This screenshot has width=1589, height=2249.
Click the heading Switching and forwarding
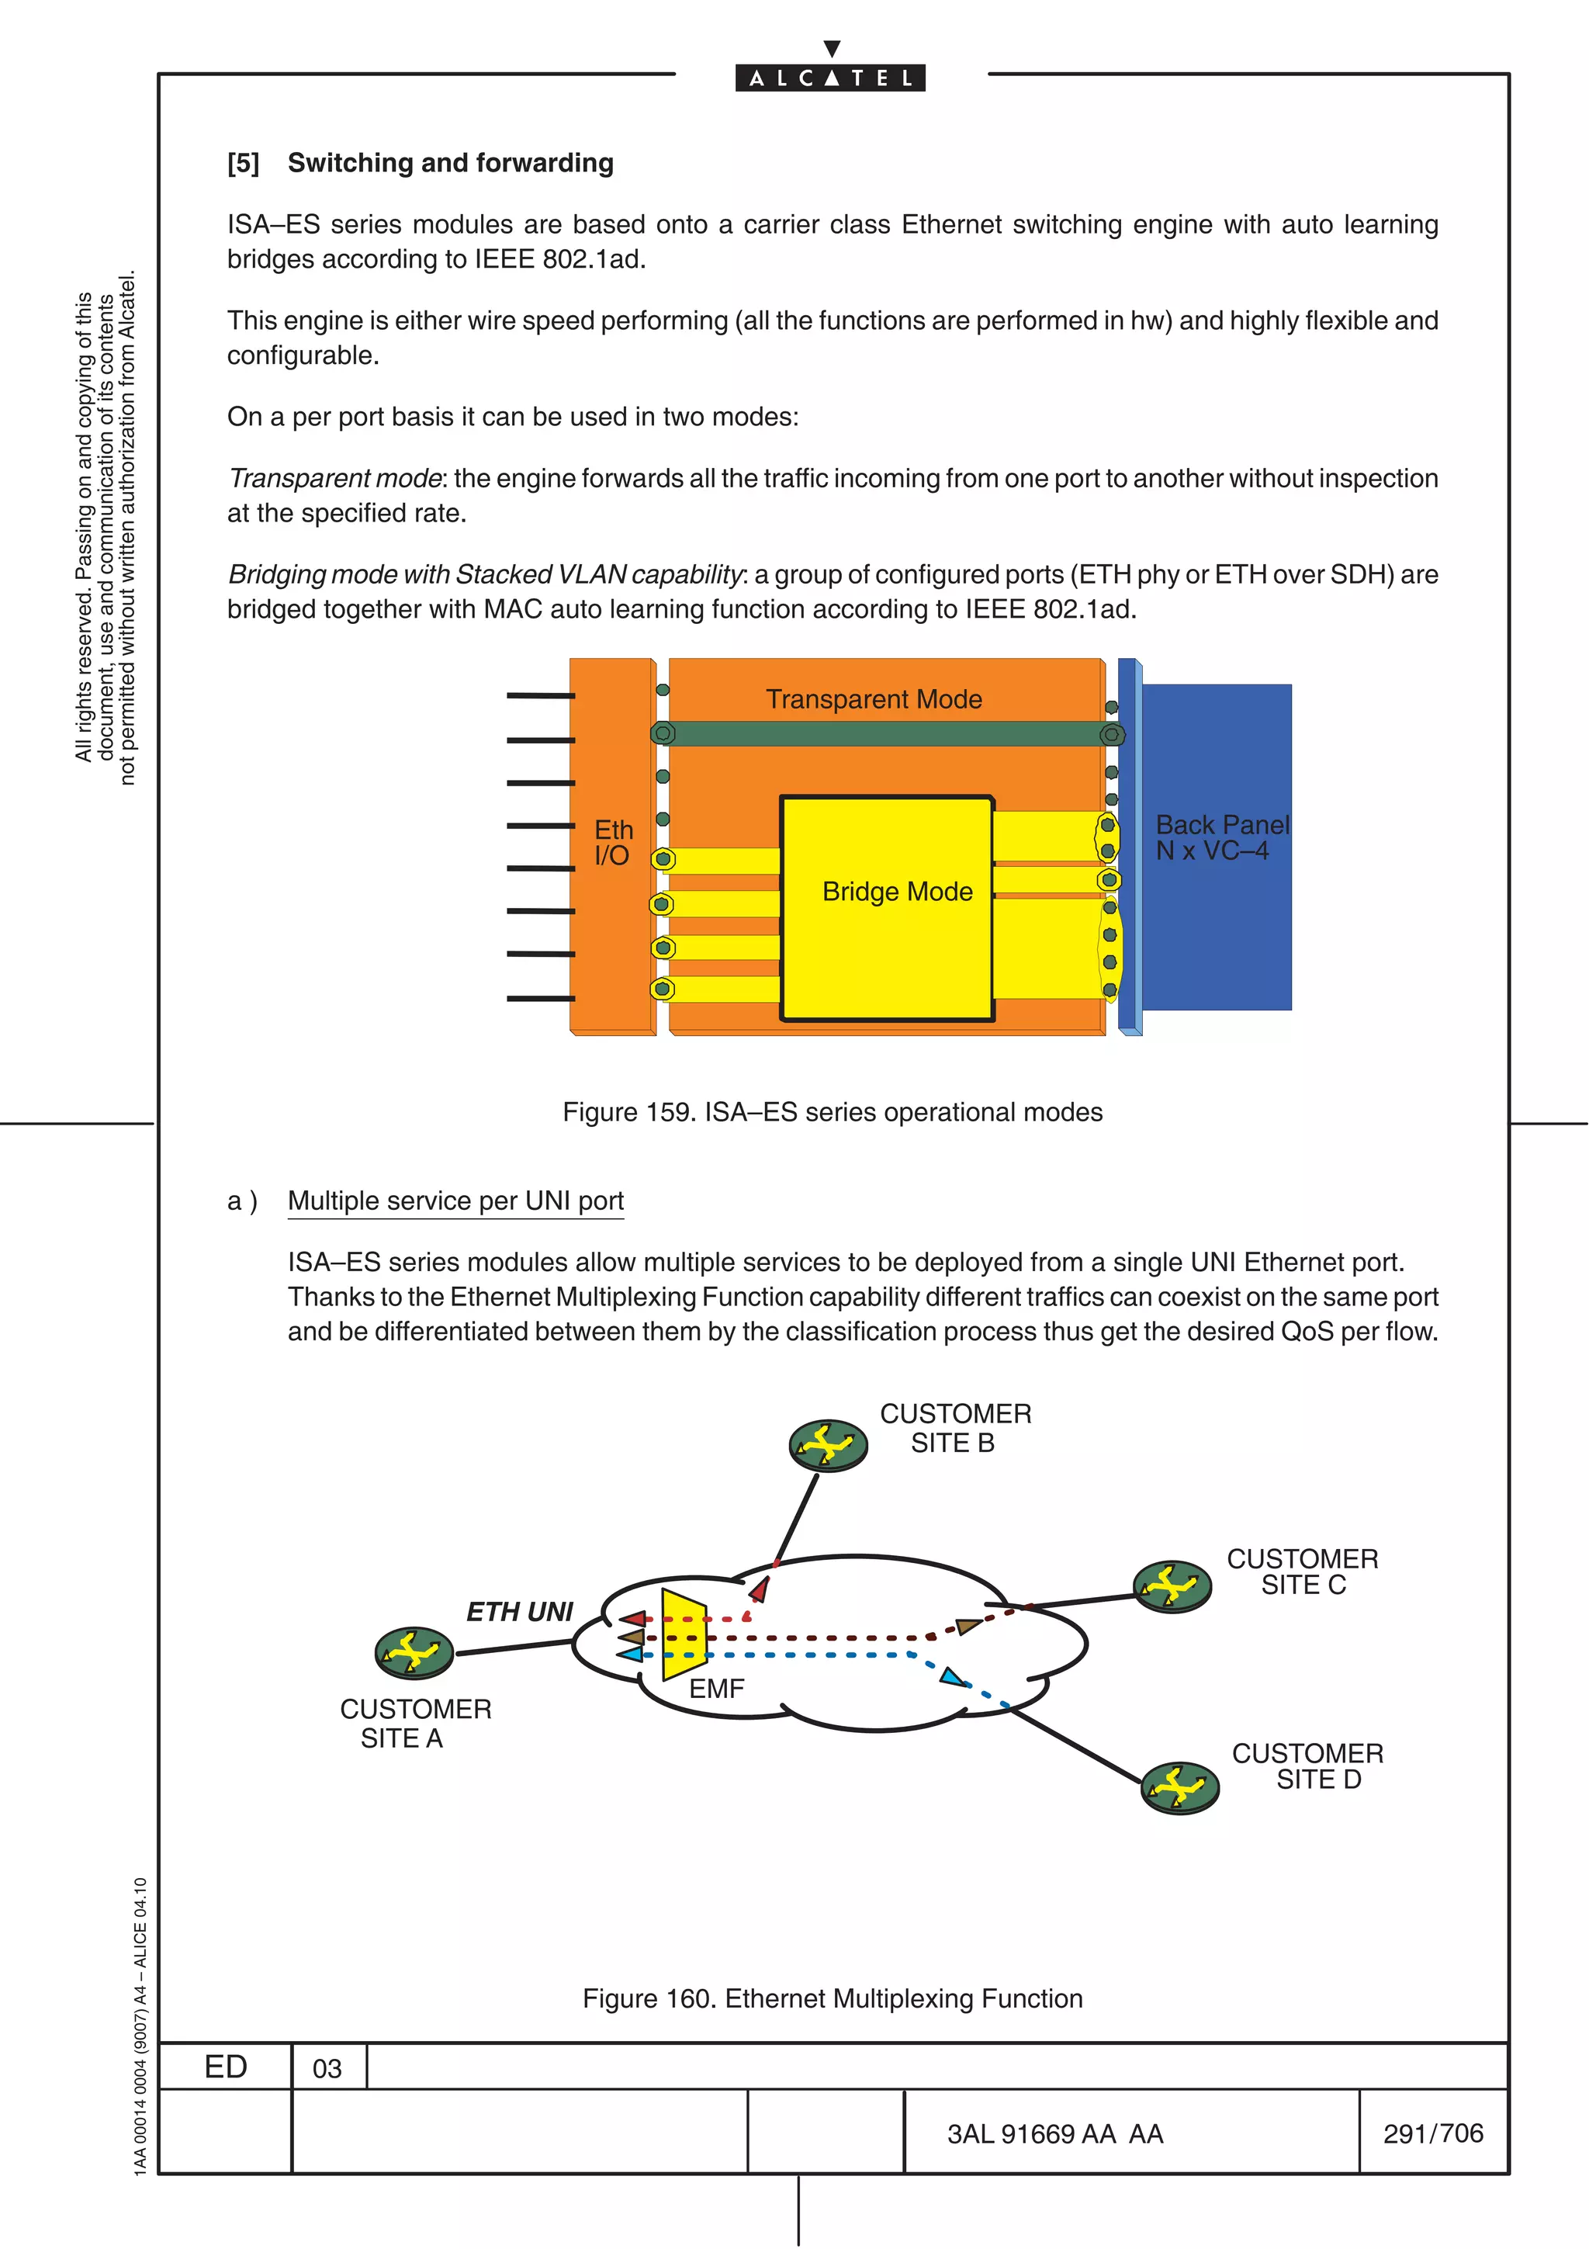(450, 163)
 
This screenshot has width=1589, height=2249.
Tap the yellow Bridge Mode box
(887, 909)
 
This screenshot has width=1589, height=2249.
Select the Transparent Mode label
(874, 699)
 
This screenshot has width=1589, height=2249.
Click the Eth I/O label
(613, 842)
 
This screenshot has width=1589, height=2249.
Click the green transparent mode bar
(886, 733)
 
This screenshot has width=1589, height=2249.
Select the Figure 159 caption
(833, 1112)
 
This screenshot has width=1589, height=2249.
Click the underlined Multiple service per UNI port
(455, 1201)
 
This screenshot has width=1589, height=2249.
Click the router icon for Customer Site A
(414, 1654)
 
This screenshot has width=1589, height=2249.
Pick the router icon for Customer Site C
(1172, 1585)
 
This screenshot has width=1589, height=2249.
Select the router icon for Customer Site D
(1180, 1788)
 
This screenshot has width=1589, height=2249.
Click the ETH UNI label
(519, 1611)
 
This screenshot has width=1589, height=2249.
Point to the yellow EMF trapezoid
(684, 1635)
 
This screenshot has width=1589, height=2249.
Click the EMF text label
(717, 1689)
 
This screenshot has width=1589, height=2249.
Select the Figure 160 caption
(833, 1998)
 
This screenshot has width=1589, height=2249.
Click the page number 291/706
(1432, 2133)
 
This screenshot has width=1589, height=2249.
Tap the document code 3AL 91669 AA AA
(1054, 2133)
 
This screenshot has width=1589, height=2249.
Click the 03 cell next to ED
(327, 2067)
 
